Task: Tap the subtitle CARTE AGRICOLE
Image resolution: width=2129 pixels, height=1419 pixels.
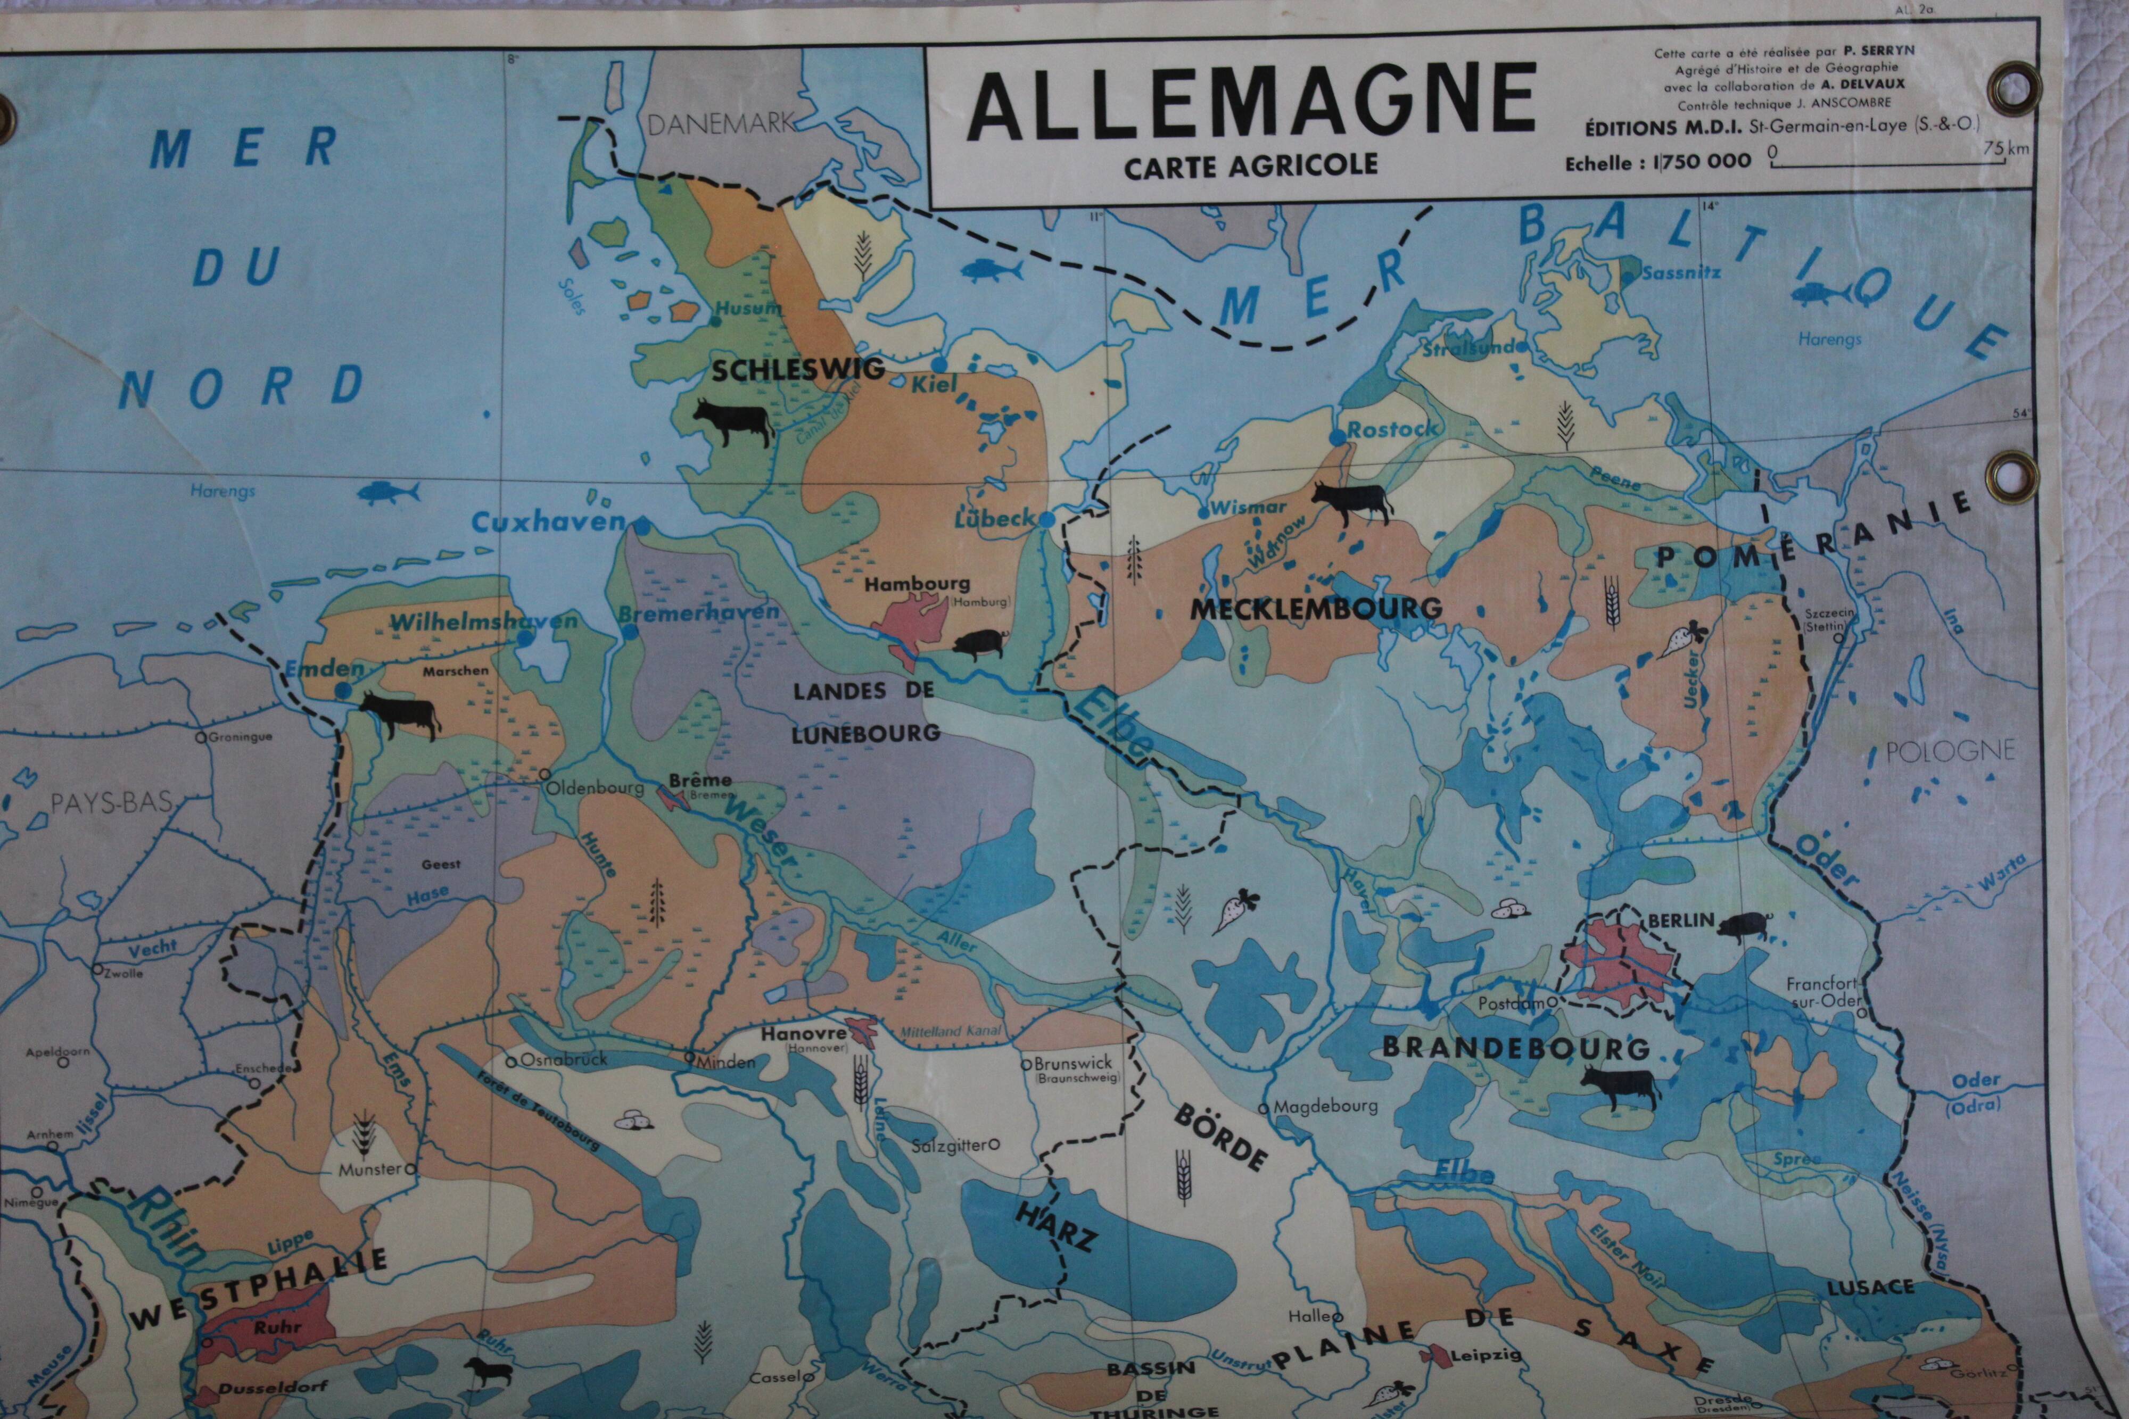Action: tap(1251, 165)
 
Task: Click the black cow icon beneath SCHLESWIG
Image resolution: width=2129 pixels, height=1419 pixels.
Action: tap(731, 422)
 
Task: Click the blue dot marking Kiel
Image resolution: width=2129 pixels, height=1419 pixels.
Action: tap(939, 364)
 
